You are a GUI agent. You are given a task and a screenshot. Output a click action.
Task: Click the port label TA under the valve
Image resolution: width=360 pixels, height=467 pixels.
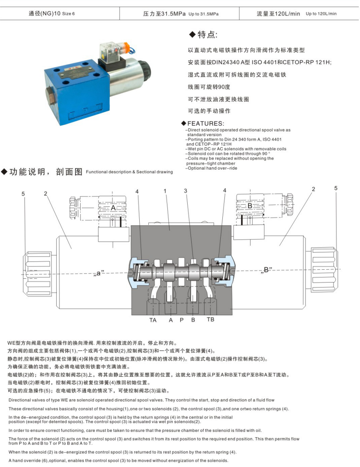pyautogui.click(x=153, y=320)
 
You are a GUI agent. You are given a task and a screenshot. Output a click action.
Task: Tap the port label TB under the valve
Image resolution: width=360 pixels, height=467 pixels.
pyautogui.click(x=210, y=320)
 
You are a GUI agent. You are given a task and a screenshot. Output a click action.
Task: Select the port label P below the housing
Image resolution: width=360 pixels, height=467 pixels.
pyautogui.click(x=181, y=320)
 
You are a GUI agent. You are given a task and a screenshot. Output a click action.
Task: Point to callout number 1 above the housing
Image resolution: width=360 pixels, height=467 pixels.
pyautogui.click(x=165, y=191)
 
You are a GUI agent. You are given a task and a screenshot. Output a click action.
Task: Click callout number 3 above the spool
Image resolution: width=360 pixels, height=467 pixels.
pyautogui.click(x=185, y=191)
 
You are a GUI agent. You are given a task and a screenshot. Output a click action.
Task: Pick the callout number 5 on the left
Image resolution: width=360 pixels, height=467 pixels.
pyautogui.click(x=23, y=194)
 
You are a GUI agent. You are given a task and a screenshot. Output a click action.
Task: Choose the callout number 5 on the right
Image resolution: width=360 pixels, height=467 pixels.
pyautogui.click(x=336, y=188)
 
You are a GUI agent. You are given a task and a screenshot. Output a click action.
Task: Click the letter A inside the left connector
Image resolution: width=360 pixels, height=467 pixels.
pyautogui.click(x=113, y=208)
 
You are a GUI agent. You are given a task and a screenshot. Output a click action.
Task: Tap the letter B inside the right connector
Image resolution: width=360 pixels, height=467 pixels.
pyautogui.click(x=250, y=206)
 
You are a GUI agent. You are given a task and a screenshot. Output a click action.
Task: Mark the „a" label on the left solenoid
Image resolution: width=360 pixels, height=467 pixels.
pyautogui.click(x=98, y=273)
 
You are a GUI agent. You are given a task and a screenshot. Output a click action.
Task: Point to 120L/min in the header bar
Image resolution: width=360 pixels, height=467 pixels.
pyautogui.click(x=287, y=14)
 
